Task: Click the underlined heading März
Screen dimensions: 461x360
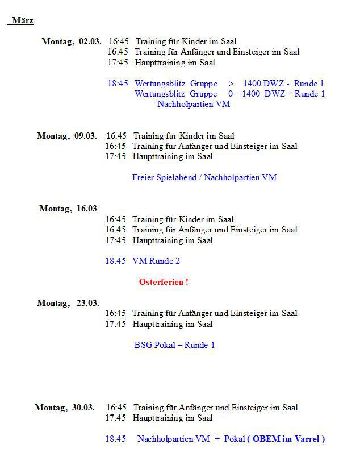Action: [x=22, y=21]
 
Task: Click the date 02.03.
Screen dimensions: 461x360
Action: [x=90, y=41]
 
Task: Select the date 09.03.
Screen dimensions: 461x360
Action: [x=85, y=136]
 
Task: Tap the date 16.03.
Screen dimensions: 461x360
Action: [x=87, y=209]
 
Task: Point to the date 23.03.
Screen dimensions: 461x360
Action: [x=87, y=303]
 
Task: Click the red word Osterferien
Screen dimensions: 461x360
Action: [x=163, y=282]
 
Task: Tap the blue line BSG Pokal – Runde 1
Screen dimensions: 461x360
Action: [x=175, y=345]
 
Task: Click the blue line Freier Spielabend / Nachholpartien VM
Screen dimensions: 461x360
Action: [x=204, y=177]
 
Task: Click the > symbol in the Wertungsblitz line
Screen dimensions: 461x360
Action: [x=232, y=84]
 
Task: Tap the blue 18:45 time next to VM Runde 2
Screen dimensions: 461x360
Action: [x=115, y=261]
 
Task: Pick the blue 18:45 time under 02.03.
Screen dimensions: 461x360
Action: [x=118, y=84]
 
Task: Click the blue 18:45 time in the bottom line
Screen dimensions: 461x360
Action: [x=115, y=439]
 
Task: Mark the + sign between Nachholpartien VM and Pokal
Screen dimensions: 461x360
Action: [x=217, y=439]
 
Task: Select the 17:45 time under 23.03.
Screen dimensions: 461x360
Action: [x=115, y=324]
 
